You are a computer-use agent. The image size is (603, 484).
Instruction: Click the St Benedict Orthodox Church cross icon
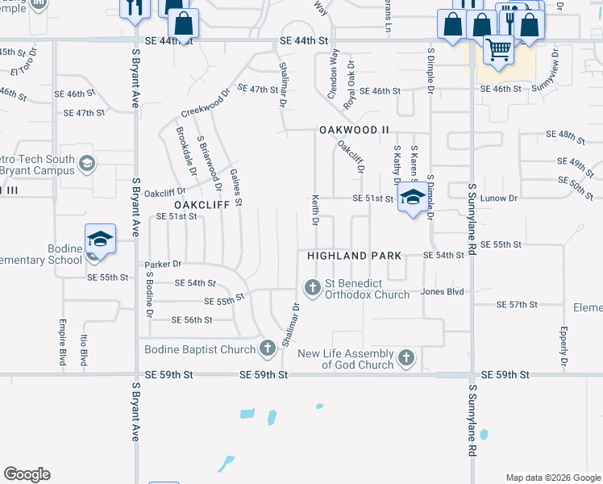[312, 287]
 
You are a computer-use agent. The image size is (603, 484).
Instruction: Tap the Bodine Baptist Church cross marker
[268, 349]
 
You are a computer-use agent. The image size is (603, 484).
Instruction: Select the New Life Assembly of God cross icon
[406, 357]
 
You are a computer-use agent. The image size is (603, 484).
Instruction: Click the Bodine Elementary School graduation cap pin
[101, 240]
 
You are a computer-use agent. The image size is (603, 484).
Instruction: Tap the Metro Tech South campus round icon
[86, 165]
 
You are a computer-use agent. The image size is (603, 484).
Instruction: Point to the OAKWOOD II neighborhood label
[354, 129]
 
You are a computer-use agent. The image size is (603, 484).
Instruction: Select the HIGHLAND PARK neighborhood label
[354, 255]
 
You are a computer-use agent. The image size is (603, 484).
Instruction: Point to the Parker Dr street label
[163, 264]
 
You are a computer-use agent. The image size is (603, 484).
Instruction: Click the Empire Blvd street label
[62, 343]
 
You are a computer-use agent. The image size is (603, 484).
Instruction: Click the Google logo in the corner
[27, 474]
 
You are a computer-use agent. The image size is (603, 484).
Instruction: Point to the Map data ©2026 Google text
[553, 478]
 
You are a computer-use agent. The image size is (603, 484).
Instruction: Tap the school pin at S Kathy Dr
[413, 198]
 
